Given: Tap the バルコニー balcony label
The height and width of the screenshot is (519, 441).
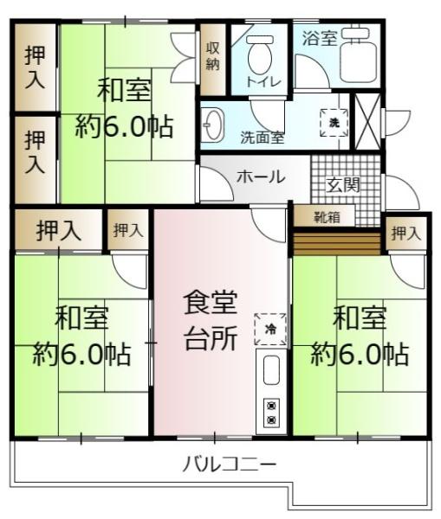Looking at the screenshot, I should pyautogui.click(x=230, y=465).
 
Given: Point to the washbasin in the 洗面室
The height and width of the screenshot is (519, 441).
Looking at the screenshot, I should pyautogui.click(x=213, y=128).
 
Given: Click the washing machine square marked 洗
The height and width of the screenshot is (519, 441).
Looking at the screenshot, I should pyautogui.click(x=334, y=122).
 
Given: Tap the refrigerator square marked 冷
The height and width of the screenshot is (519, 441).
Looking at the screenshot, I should pyautogui.click(x=270, y=329).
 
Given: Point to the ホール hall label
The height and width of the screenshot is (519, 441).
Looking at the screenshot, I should pyautogui.click(x=260, y=176).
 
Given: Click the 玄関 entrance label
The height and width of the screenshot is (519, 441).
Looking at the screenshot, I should pyautogui.click(x=343, y=183).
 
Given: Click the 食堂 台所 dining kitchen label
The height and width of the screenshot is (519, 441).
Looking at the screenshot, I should pyautogui.click(x=210, y=320).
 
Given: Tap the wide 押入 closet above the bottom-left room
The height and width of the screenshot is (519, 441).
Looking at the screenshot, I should pyautogui.click(x=58, y=230).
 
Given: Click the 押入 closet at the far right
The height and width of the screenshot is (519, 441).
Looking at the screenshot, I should pyautogui.click(x=405, y=232).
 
